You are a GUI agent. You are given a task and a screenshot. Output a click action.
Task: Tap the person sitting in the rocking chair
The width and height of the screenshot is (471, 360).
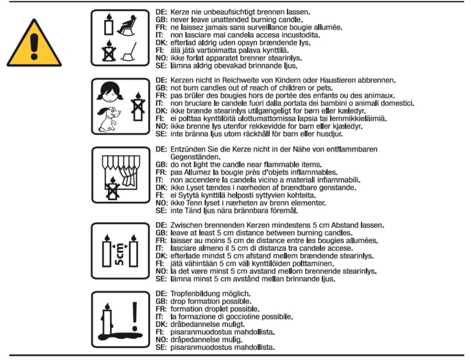(x=127, y=25)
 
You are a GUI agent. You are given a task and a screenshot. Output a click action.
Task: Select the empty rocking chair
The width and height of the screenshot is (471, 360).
(x=129, y=52)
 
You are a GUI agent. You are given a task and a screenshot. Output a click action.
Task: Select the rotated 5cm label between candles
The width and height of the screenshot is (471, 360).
(x=119, y=254)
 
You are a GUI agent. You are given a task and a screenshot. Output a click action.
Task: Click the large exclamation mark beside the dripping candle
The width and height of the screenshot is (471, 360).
(x=135, y=316)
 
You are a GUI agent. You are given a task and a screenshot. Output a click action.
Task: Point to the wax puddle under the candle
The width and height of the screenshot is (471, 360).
(x=120, y=335)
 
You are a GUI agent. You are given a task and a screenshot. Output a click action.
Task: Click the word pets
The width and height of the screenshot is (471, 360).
(x=325, y=88)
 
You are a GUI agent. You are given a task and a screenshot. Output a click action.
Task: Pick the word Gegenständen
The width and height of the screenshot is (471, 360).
(x=195, y=157)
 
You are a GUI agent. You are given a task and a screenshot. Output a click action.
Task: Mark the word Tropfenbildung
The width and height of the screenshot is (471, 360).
(x=195, y=294)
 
